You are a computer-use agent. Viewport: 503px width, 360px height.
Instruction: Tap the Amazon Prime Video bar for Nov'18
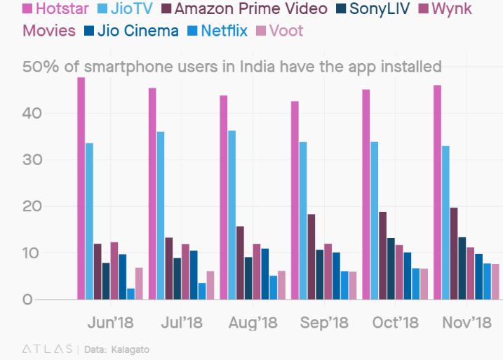point(453,253)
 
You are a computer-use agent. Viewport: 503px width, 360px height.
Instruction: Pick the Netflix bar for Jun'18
point(130,294)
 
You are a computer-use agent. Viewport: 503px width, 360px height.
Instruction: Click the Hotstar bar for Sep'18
point(295,200)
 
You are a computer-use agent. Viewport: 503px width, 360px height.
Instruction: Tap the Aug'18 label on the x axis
point(253,323)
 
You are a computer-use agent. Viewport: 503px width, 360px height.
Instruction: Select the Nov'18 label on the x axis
point(467,323)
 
